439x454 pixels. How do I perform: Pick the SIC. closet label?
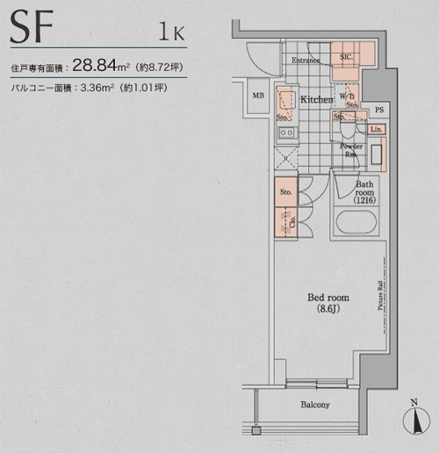coord(347,58)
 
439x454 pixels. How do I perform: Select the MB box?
coord(259,96)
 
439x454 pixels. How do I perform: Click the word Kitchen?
coord(316,100)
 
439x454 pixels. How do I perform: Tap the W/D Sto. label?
coord(348,100)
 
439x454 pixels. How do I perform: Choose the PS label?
coord(378,110)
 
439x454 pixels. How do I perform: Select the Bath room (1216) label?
coord(363,194)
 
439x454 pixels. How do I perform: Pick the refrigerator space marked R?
coord(285,160)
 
